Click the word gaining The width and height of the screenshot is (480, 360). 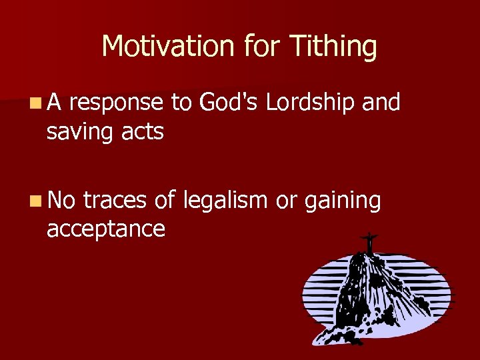tap(343, 201)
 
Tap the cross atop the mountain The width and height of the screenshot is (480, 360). tap(368, 241)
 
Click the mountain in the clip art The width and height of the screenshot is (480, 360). tap(373, 293)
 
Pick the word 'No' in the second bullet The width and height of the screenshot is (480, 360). tap(62, 199)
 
